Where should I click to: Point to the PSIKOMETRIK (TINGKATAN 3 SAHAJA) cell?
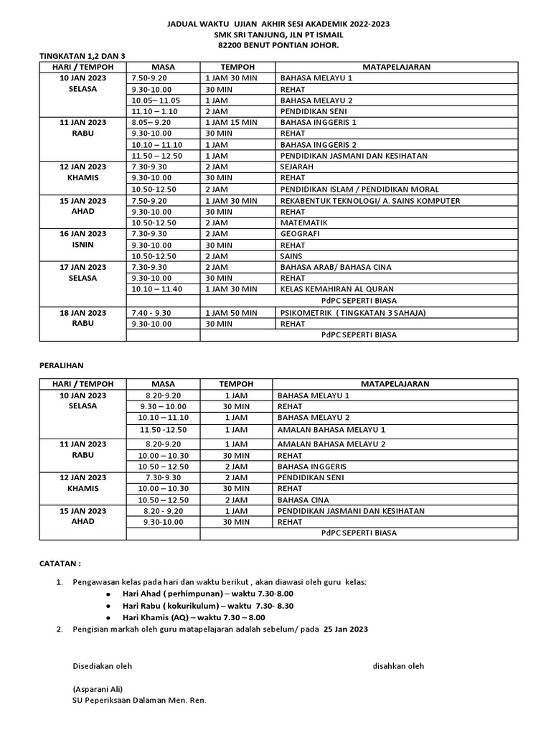tap(352, 312)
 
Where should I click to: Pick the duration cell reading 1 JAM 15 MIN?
tap(230, 123)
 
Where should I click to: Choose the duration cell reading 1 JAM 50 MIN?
tap(230, 312)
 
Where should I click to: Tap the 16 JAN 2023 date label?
tap(83, 234)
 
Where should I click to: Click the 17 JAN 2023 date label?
tap(83, 267)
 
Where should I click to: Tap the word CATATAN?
tap(60, 564)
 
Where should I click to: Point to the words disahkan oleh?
tap(398, 666)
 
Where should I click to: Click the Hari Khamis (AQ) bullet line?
tap(194, 617)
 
